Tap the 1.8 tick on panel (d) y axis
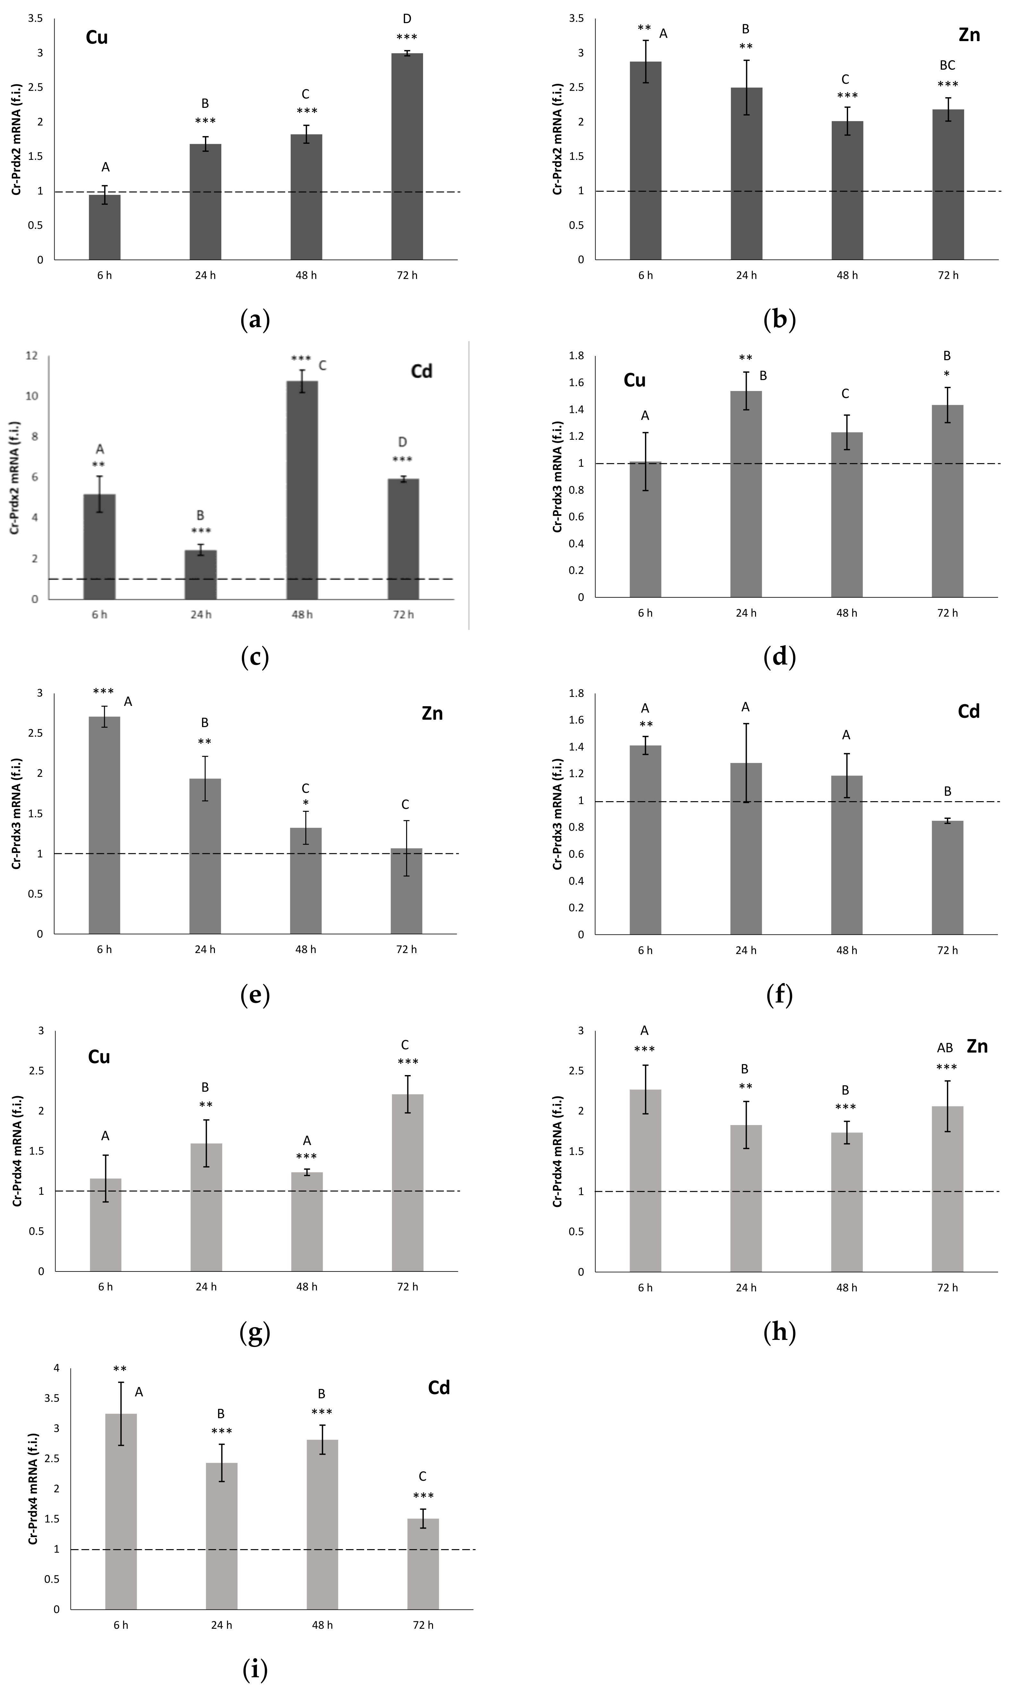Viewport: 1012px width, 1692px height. point(576,355)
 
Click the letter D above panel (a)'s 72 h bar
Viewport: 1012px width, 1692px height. point(407,19)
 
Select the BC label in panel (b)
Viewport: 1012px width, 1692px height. point(947,65)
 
